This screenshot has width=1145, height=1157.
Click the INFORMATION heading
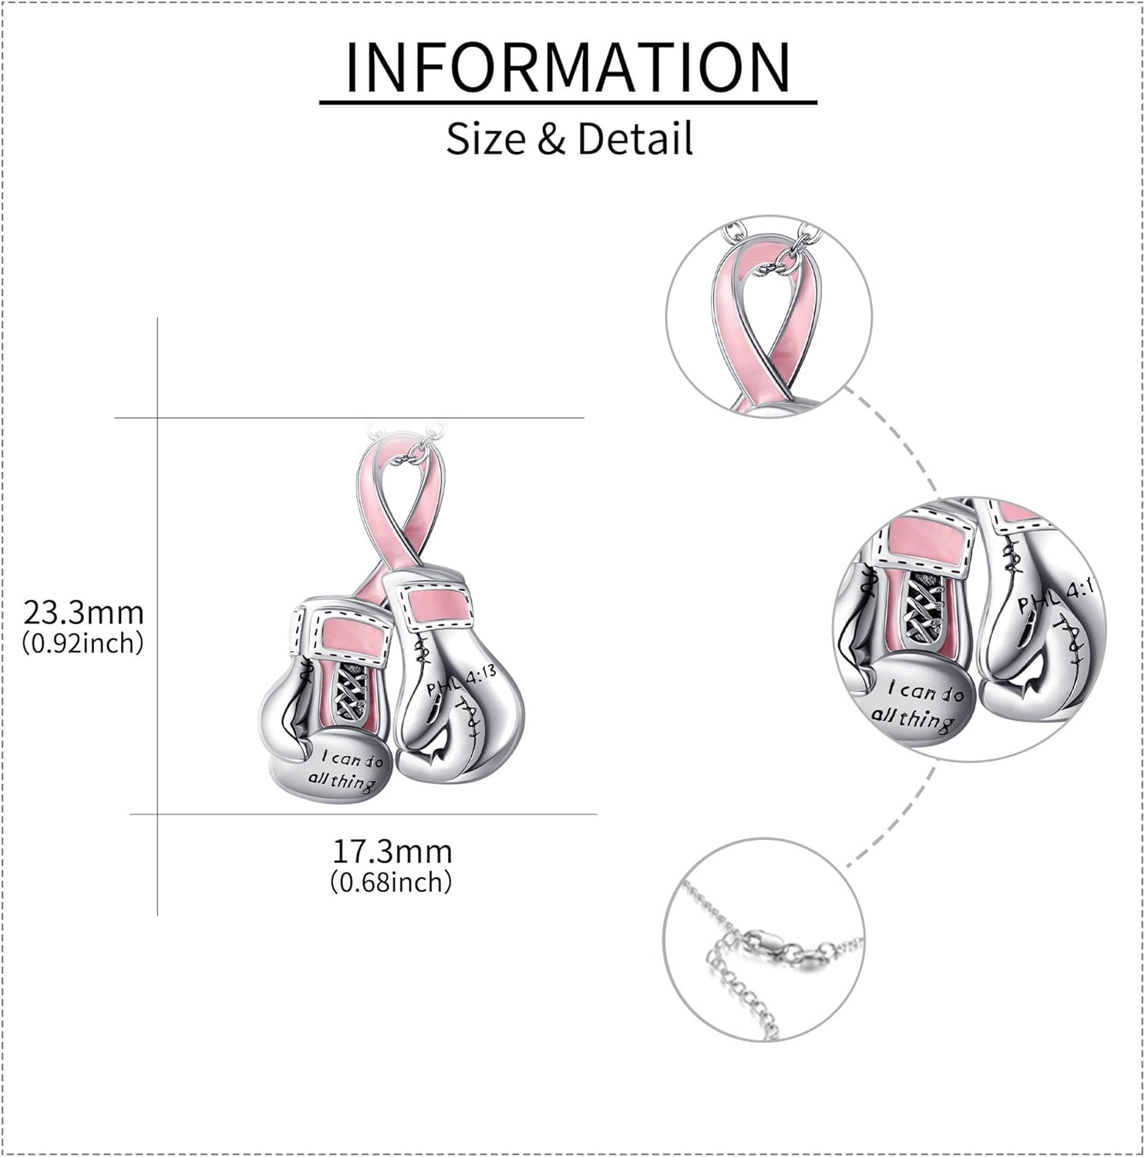click(x=568, y=67)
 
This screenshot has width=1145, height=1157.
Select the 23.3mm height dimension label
click(x=84, y=612)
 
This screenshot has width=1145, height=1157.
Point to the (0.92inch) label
click(x=84, y=642)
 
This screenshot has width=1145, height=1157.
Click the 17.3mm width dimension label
click(x=392, y=851)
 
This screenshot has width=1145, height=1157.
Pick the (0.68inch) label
click(x=392, y=881)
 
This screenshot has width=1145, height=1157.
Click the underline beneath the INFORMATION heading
click(x=568, y=102)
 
